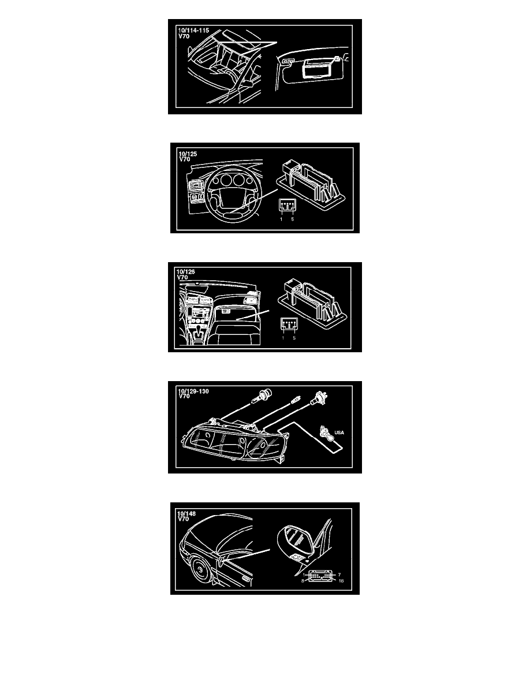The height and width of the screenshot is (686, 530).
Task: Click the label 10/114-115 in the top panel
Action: click(193, 31)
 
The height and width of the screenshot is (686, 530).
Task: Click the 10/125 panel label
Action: click(188, 154)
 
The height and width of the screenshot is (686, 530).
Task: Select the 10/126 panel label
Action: click(186, 272)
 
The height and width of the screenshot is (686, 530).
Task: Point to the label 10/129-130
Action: click(193, 391)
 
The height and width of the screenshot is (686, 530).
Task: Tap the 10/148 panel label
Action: click(186, 513)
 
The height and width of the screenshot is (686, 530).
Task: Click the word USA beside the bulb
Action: click(339, 433)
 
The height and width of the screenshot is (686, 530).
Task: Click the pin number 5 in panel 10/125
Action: click(293, 219)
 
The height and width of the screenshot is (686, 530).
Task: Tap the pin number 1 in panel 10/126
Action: click(283, 338)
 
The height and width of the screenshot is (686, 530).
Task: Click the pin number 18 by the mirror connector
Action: click(341, 581)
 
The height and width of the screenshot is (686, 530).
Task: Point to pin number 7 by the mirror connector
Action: click(339, 575)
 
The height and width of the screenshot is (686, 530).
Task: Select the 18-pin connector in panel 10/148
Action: click(320, 577)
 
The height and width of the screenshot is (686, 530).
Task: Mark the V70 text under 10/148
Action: click(183, 519)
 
